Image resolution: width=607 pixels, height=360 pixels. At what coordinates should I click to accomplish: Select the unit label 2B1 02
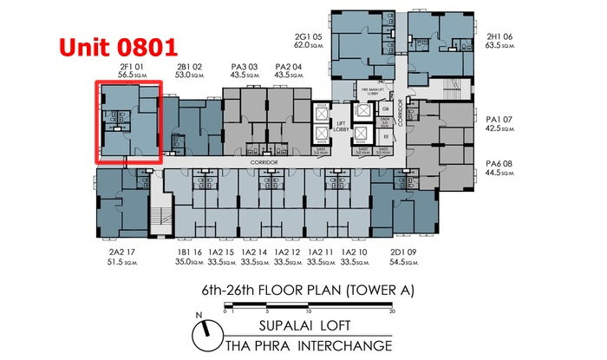point(190,65)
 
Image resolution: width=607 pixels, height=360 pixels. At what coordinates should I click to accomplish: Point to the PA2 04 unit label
point(287,65)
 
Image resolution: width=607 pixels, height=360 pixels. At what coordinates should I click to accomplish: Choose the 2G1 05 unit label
point(310,36)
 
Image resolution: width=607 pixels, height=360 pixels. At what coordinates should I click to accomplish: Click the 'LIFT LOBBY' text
point(341,128)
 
